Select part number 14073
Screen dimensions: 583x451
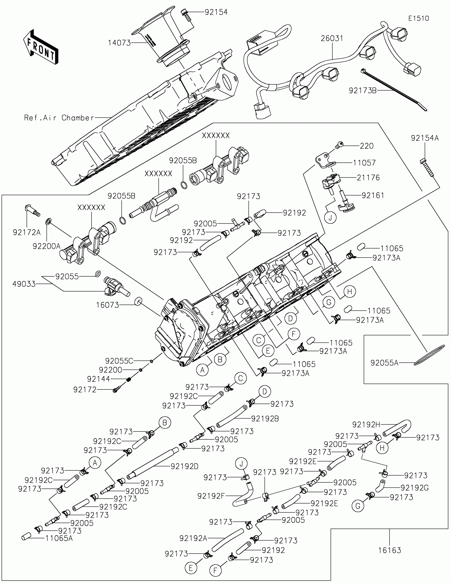(x=119, y=43)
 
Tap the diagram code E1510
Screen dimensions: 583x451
(x=418, y=18)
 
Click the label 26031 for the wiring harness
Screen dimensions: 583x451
(x=332, y=38)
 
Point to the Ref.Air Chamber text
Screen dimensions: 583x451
(x=59, y=118)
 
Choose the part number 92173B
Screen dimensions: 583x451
(x=362, y=91)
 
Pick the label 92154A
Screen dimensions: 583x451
(x=424, y=138)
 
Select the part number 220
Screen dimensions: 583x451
(x=366, y=146)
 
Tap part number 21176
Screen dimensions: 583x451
(x=368, y=178)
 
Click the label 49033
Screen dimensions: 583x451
(x=24, y=284)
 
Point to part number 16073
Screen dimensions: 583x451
(x=107, y=305)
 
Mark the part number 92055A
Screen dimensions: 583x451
(x=384, y=362)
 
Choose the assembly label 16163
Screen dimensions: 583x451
(x=389, y=550)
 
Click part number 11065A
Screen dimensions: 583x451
(x=59, y=538)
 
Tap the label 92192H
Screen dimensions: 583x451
(x=366, y=425)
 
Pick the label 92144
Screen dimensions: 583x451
(x=98, y=379)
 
